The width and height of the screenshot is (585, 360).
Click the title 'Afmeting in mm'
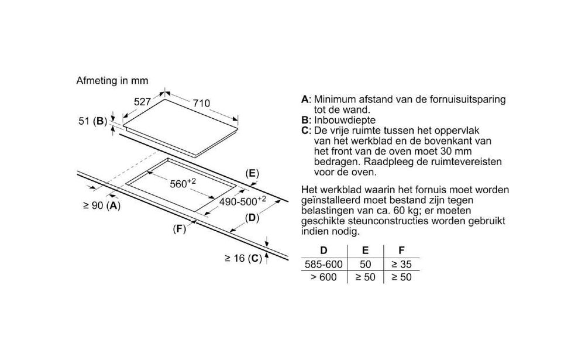tap(112, 81)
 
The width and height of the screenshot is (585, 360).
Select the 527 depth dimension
tap(142, 102)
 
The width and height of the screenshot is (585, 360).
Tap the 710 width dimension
tap(201, 104)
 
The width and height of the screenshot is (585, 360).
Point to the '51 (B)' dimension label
tap(93, 121)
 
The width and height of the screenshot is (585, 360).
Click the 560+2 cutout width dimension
tap(183, 183)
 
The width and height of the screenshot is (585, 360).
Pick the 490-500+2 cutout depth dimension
tap(243, 201)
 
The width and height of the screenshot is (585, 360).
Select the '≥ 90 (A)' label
tap(101, 205)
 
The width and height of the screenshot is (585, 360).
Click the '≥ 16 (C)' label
tap(243, 258)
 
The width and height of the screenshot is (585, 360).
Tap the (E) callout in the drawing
tap(252, 174)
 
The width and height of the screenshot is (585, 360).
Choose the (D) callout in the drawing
tap(252, 218)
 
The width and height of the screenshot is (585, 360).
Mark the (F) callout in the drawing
tap(180, 229)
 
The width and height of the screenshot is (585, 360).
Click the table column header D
tap(324, 251)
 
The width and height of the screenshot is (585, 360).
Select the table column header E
tap(365, 251)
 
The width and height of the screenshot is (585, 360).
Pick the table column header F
tap(401, 251)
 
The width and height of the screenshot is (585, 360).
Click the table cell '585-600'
tap(324, 265)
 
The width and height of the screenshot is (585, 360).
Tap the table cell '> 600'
tap(324, 277)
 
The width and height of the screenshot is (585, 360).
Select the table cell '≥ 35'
tap(401, 265)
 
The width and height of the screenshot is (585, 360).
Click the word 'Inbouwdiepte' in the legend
tap(345, 120)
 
